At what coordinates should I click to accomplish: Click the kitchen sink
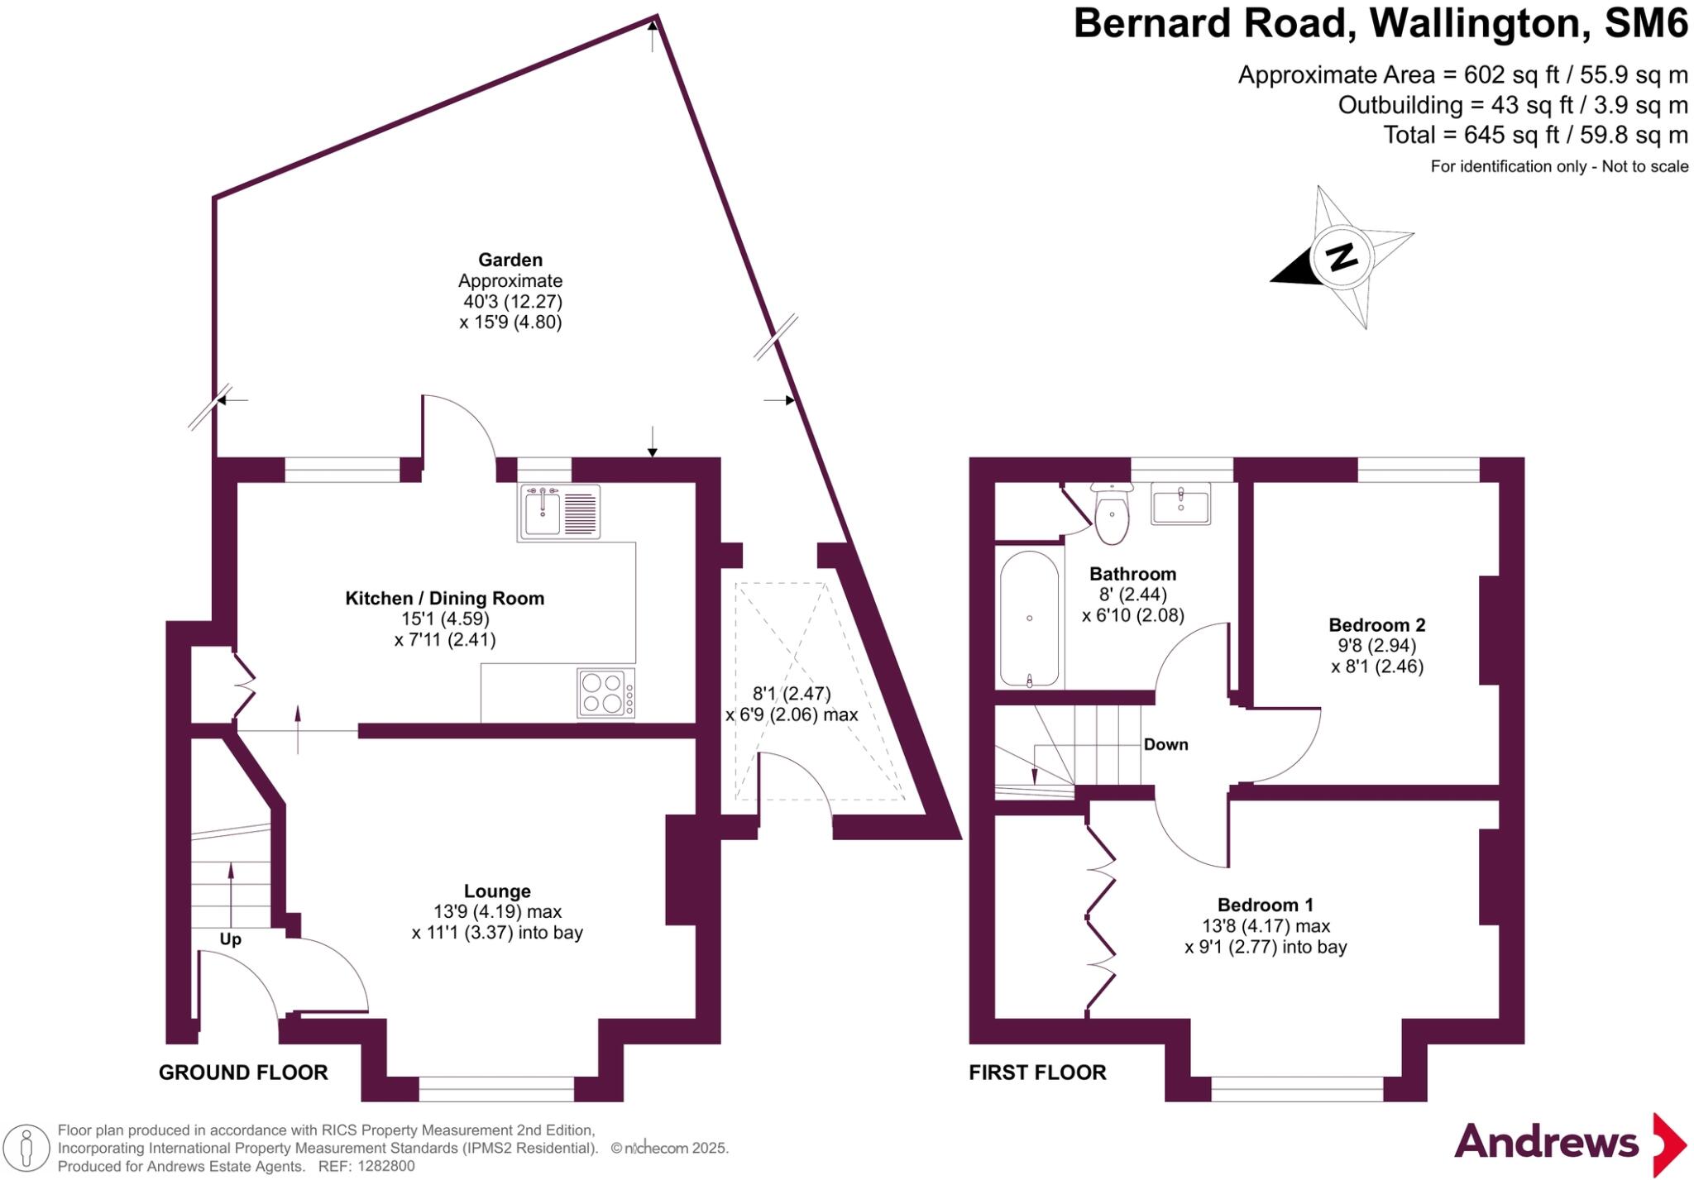coord(560,512)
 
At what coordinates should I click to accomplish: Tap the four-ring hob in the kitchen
coord(606,693)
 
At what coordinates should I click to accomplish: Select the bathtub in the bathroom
coord(1030,619)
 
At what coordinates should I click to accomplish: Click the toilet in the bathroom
coord(1112,514)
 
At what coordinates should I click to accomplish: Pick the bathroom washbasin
coord(1181,504)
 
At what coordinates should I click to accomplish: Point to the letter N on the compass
coord(1341,257)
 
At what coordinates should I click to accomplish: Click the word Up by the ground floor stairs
coord(230,939)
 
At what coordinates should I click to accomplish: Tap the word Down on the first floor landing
coord(1165,744)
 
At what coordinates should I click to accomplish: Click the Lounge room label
coord(497,891)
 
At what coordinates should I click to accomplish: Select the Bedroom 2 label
coord(1377,625)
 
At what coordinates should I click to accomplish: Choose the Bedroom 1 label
coord(1266,905)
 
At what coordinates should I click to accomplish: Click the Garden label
coord(510,260)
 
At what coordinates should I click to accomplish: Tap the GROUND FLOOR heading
coord(243,1073)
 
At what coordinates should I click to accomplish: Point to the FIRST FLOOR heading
coord(1037,1073)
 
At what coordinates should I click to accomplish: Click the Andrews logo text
coord(1546,1142)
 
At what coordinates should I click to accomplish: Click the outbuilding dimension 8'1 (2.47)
coord(792,694)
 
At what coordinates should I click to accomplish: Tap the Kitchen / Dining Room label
coord(445,598)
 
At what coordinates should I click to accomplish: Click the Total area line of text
coord(1536,135)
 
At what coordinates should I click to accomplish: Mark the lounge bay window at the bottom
coord(496,1089)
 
